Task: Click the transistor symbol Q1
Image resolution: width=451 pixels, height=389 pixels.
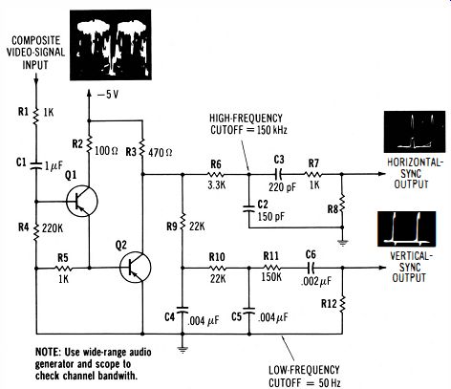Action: click(82, 202)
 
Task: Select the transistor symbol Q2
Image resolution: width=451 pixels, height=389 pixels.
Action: click(136, 267)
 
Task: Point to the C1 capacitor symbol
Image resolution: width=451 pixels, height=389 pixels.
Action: click(35, 164)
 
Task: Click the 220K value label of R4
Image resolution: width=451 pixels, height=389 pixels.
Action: click(53, 228)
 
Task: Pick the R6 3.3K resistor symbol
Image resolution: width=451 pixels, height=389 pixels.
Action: click(216, 174)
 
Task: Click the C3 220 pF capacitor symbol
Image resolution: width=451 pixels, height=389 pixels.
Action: click(279, 174)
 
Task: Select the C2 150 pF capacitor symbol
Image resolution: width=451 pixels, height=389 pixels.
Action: click(249, 208)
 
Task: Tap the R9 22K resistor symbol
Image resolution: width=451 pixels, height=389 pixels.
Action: click(183, 222)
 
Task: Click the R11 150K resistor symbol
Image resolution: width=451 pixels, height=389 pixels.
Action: click(271, 268)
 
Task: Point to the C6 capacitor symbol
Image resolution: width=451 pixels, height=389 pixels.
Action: click(311, 268)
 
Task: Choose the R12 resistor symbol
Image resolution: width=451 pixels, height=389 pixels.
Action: click(342, 304)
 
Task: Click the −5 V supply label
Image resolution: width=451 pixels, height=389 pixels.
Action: click(108, 95)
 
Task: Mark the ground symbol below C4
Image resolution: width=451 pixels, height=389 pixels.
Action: click(183, 349)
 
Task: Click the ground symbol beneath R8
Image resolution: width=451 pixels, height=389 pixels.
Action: click(342, 243)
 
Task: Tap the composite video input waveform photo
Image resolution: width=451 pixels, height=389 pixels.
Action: click(111, 45)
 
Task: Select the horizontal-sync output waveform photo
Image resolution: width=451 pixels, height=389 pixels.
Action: click(415, 132)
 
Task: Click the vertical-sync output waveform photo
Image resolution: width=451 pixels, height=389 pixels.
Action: click(406, 229)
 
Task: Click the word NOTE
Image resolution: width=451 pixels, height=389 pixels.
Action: click(47, 352)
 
